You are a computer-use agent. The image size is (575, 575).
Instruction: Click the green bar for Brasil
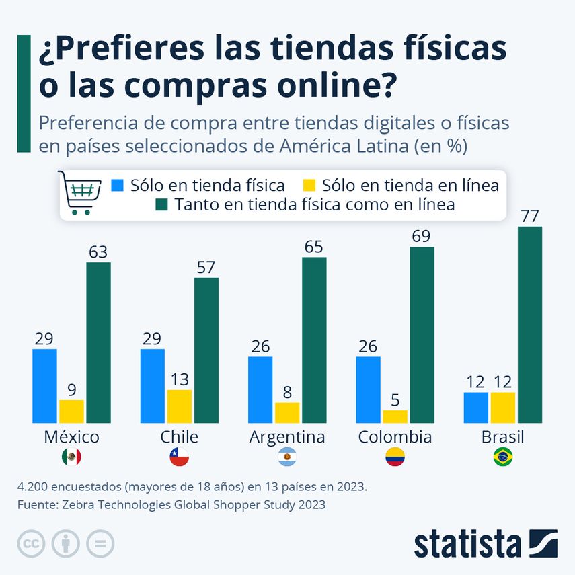point(529,325)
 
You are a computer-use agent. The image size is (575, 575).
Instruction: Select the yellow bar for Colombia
point(395,416)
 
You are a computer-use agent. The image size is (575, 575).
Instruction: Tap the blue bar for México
point(44,386)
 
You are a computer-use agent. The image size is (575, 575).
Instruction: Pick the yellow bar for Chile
point(179,406)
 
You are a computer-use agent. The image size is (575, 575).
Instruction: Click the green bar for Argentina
point(314,340)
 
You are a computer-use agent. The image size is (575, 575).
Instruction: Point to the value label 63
point(98,252)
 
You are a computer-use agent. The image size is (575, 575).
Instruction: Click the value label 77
point(529,217)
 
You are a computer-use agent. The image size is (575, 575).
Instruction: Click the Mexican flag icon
point(71,458)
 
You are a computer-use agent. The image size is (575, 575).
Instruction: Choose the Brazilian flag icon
point(502,458)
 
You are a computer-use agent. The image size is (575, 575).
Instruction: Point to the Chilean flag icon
point(179,458)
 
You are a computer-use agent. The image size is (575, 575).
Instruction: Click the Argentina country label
point(287,437)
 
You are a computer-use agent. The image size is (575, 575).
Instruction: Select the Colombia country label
point(395,437)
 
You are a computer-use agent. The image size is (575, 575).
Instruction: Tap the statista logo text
point(467,543)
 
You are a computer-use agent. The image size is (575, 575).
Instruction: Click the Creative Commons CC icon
point(30,543)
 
